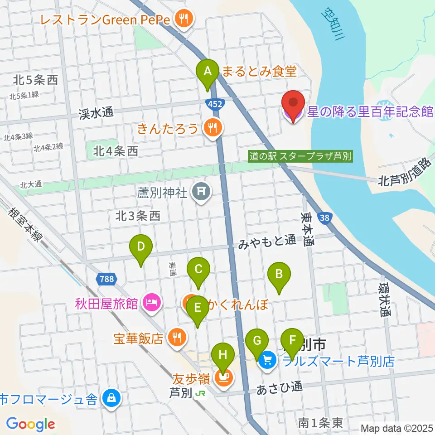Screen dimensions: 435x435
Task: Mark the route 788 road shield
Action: coord(106,279)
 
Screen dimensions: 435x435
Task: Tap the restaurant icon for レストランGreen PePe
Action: coord(184,19)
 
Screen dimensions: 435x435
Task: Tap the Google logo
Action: coord(31,424)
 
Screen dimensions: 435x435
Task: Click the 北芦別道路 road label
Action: coord(404,172)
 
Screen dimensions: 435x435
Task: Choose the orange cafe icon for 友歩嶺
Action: coord(222,377)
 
